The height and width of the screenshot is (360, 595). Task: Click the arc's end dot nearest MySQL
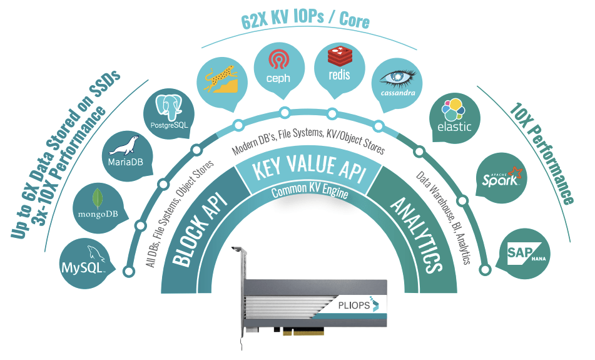coord(130,272)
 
